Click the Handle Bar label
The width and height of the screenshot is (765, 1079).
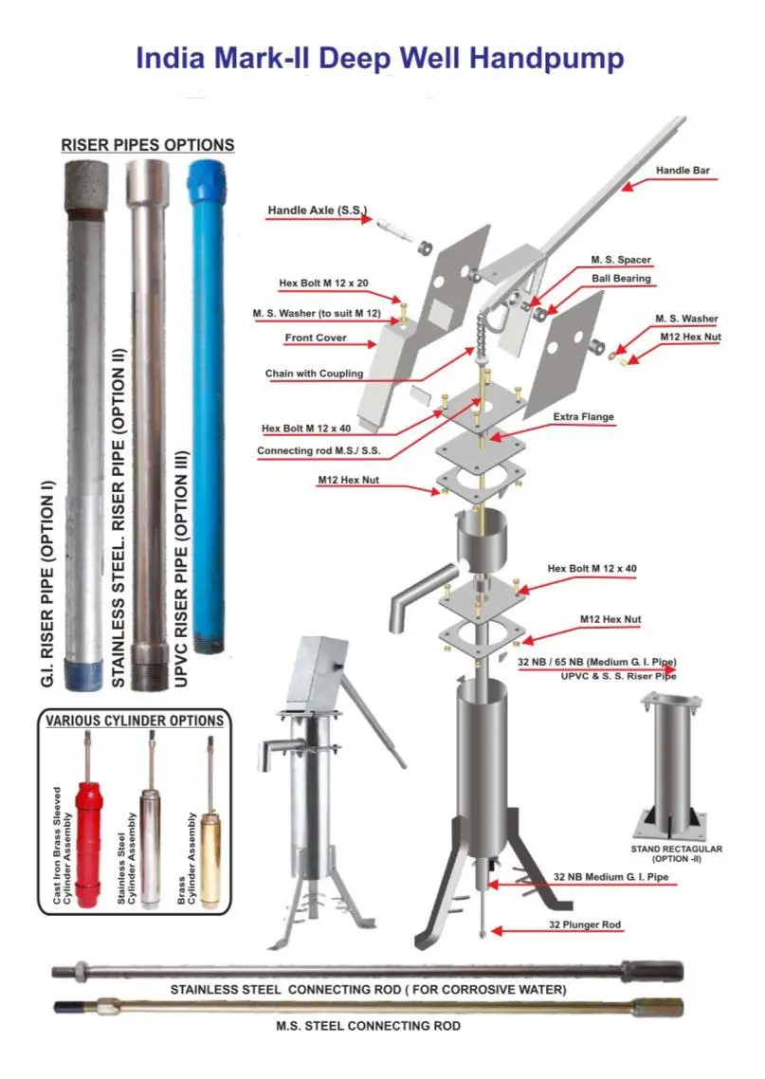pos(683,170)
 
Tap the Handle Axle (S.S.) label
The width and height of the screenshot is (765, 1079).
pos(318,210)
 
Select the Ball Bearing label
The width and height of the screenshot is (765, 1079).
pos(621,278)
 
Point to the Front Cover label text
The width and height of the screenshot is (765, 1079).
pos(316,338)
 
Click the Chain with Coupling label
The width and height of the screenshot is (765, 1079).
pos(315,373)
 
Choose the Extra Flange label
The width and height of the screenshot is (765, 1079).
pos(583,416)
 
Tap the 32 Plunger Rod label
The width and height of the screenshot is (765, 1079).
pos(586,924)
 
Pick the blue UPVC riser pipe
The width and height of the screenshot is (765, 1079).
pos(206,406)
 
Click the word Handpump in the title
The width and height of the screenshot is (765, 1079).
pos(547,58)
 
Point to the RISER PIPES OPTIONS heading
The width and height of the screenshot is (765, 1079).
pos(148,144)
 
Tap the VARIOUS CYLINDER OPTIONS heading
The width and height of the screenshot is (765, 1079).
pos(135,721)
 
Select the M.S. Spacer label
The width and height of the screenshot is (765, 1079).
pos(621,260)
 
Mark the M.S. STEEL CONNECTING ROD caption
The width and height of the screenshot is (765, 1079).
pos(369,1025)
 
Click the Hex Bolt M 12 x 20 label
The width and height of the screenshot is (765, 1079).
pos(323,283)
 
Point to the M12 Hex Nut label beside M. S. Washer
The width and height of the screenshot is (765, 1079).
pos(691,337)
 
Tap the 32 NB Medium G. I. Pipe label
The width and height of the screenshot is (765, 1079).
pos(610,877)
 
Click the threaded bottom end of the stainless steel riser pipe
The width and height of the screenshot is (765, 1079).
pos(149,668)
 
